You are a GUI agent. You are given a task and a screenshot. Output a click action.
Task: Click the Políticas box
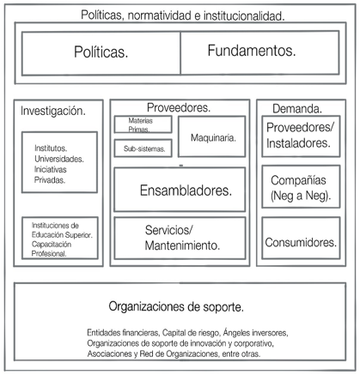[101, 53]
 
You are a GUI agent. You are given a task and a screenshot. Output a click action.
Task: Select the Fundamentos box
[259, 52]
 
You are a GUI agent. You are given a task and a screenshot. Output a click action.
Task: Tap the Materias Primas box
[143, 124]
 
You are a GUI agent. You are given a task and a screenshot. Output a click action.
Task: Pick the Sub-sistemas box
[143, 148]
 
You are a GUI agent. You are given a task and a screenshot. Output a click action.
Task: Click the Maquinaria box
[211, 136]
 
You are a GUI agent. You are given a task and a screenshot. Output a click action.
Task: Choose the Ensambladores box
[180, 190]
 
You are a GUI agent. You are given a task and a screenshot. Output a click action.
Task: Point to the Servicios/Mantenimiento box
[180, 238]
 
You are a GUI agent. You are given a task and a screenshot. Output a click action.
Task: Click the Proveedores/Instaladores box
[301, 136]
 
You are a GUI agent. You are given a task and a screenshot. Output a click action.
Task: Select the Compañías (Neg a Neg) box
[301, 186]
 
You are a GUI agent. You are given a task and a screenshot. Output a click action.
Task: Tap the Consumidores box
[301, 238]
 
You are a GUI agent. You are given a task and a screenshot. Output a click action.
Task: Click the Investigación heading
[53, 111]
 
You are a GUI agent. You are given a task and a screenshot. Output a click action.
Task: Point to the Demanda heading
[297, 109]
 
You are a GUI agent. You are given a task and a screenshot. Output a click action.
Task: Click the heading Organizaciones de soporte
[176, 306]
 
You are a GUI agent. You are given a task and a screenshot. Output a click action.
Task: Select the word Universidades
[59, 159]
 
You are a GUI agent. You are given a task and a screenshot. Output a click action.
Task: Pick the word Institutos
[51, 148]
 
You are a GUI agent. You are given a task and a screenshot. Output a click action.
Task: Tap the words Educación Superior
[62, 235]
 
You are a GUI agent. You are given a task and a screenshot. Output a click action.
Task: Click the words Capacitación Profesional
[52, 249]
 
